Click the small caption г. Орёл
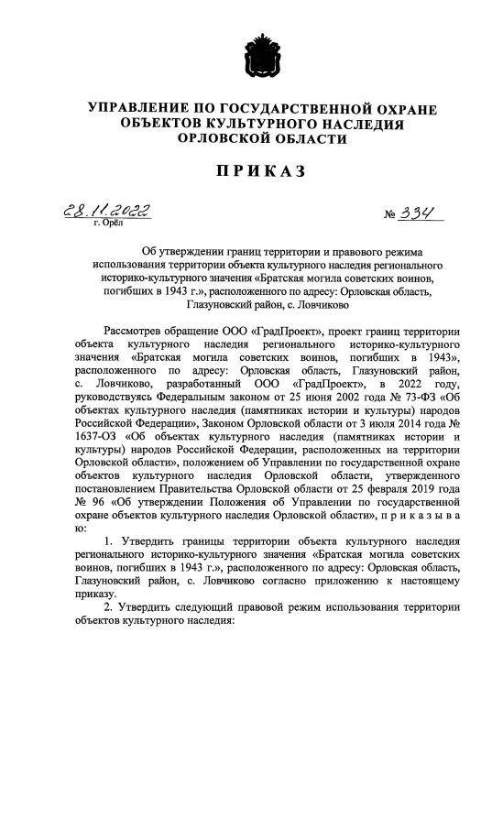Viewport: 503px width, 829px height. pos(108,223)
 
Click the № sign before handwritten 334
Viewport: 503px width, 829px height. pos(395,215)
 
